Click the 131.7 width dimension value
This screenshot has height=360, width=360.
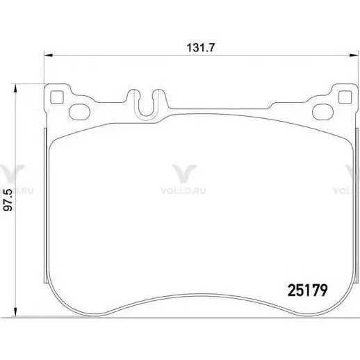coord(201,48)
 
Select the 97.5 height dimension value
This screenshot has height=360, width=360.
coord(9,200)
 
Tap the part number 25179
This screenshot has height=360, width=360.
coord(308,290)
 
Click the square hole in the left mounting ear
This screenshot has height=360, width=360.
coord(57,97)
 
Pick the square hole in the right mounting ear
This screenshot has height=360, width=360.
coord(345,97)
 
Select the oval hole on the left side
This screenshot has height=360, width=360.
coord(80,112)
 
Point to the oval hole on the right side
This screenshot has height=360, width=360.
coord(322,112)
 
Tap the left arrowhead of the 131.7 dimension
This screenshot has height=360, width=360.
coord(49,55)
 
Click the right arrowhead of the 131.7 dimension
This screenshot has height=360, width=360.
coord(354,55)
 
